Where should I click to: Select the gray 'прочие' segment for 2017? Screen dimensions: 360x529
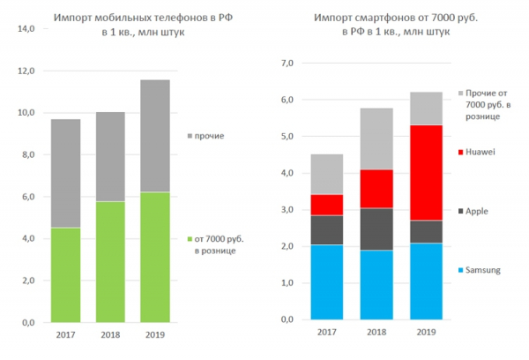tap(66, 173)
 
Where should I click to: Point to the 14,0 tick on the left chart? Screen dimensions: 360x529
tap(26, 28)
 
